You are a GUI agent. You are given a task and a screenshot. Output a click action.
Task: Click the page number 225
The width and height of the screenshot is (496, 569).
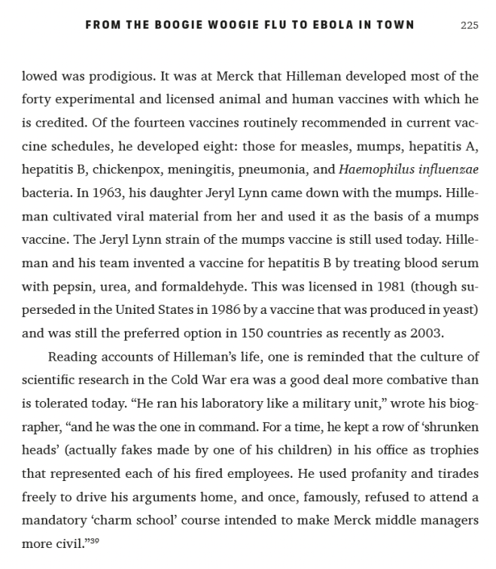point(469,25)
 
